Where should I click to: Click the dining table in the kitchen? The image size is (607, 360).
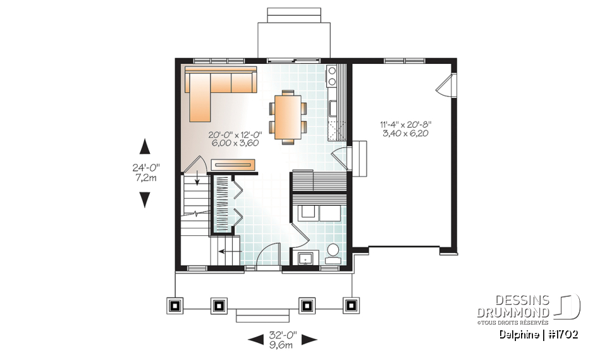click(x=287, y=115)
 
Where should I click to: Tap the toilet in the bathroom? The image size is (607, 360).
click(x=333, y=252)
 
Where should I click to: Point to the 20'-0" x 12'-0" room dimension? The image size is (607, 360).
click(x=243, y=139)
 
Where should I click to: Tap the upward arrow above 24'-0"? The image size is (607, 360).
click(x=145, y=147)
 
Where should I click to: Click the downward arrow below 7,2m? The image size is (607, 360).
click(x=145, y=200)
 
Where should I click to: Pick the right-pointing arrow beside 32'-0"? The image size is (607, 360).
click(x=309, y=340)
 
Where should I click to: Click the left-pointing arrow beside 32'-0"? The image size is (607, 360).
click(x=255, y=340)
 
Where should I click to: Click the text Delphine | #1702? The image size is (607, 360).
click(x=537, y=334)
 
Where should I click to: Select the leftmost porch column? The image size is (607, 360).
click(x=175, y=306)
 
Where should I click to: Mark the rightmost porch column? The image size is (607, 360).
click(x=350, y=306)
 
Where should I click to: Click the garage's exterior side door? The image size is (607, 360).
click(x=447, y=85)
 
